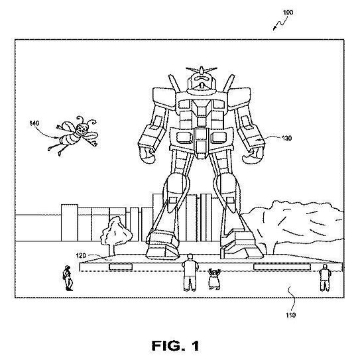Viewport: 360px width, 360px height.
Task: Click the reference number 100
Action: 288,12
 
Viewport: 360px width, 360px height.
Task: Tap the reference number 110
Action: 290,315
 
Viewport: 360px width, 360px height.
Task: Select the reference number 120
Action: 81,255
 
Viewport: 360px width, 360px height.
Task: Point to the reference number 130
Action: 286,138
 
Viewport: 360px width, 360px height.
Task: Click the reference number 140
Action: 34,123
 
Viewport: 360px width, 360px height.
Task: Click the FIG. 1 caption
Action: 176,346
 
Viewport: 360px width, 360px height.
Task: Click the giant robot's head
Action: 202,84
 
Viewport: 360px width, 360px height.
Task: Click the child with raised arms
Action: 215,279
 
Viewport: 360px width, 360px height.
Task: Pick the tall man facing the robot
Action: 190,272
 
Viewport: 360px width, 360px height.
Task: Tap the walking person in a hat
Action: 68,278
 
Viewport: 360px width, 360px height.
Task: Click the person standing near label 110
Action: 324,278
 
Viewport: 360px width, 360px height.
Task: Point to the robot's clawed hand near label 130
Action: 253,155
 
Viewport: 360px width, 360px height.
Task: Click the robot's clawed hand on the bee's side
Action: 148,155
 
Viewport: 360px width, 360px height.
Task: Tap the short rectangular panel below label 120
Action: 121,267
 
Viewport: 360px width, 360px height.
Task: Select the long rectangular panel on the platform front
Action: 282,267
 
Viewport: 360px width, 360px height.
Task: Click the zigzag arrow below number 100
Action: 280,23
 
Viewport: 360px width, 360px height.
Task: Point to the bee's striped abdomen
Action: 70,139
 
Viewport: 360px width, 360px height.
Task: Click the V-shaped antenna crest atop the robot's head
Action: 202,70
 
